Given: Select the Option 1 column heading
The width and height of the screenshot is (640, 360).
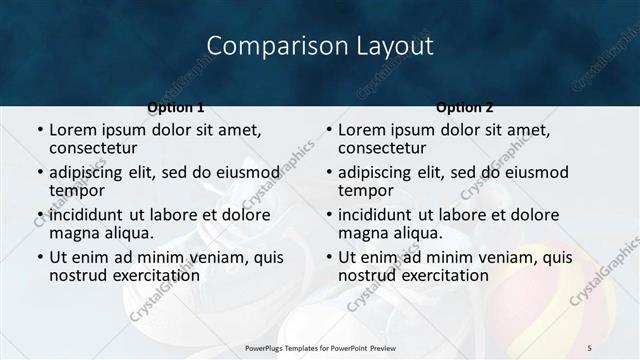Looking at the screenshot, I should click(x=176, y=106).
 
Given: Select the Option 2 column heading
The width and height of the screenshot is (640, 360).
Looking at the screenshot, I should click(x=465, y=106).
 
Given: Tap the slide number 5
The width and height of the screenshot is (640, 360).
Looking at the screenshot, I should click(x=590, y=347).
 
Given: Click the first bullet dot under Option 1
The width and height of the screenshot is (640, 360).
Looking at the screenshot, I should click(x=40, y=130).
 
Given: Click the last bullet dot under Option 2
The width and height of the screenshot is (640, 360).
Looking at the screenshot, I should click(x=329, y=257).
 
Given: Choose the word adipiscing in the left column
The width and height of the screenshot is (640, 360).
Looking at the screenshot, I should click(x=92, y=172).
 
